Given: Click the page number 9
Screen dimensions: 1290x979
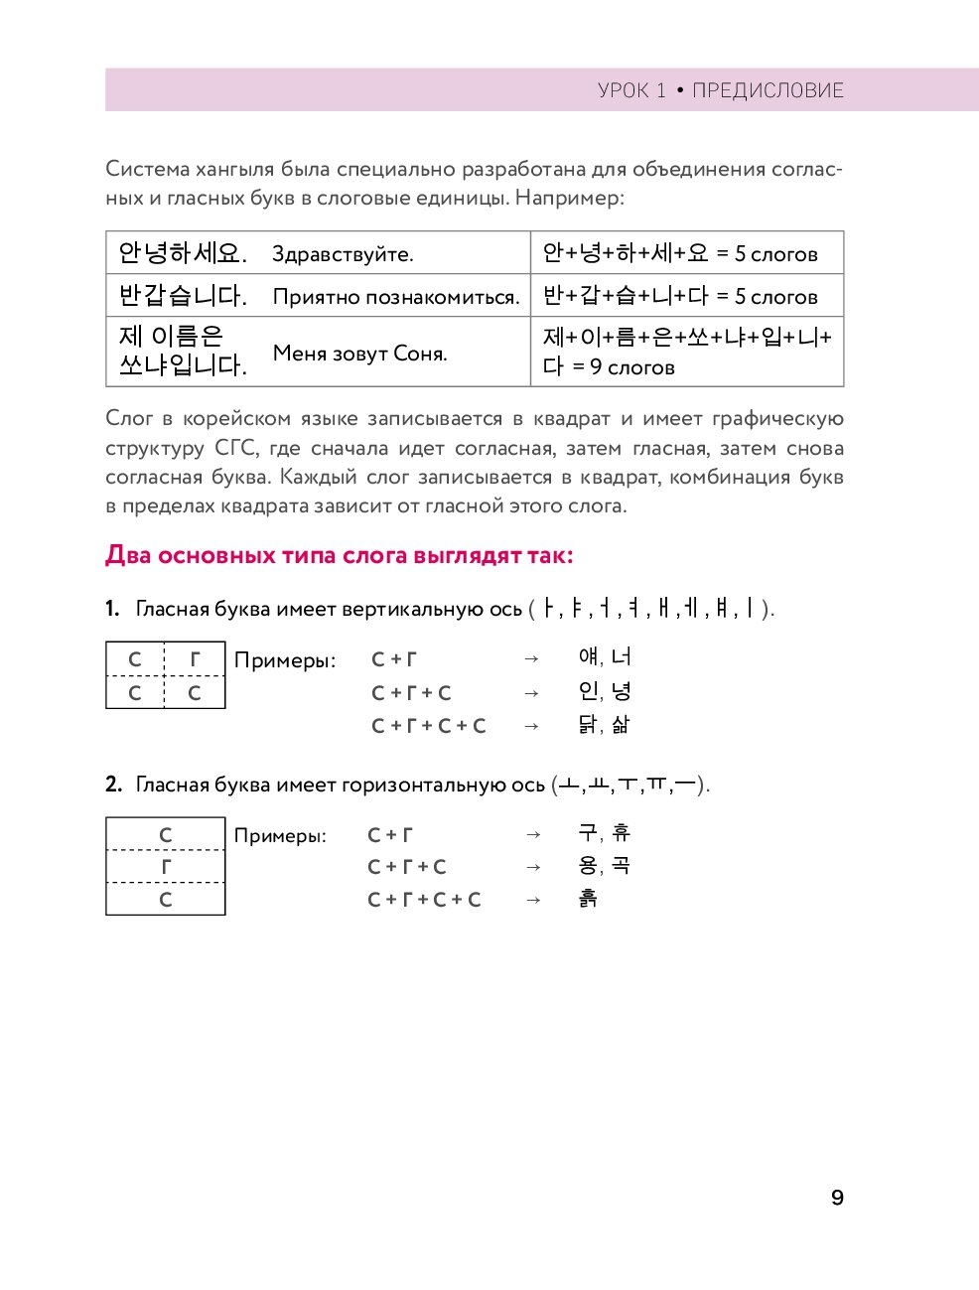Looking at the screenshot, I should (837, 1198).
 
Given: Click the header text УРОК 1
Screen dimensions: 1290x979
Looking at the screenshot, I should (631, 90).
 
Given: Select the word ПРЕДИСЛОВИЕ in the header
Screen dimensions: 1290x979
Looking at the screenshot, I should (768, 90).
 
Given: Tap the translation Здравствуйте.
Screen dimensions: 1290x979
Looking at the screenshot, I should (343, 254).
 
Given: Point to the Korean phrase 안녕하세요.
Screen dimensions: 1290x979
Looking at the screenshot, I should (182, 253).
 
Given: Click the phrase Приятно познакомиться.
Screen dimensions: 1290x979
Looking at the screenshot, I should (396, 297).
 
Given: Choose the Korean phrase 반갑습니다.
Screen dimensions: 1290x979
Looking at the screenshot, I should (182, 296).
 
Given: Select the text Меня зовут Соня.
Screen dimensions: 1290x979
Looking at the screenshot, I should (359, 354).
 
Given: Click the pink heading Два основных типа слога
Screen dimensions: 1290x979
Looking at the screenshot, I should (339, 555).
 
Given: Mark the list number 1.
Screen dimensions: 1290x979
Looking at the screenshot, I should (112, 609).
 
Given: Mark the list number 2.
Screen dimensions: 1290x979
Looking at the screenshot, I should (113, 785).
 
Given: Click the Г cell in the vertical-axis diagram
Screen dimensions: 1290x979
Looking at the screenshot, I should (195, 659).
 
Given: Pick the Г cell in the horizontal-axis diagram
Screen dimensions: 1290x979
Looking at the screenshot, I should (166, 867).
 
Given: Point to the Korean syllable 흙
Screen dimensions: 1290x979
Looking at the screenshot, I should (588, 899).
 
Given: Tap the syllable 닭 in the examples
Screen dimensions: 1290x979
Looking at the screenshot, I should (588, 725).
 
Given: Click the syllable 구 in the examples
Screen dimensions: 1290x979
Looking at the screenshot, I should (588, 833).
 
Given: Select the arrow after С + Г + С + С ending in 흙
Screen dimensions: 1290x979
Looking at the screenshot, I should (533, 900).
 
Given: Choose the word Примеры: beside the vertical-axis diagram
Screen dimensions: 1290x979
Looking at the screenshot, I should (285, 660).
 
